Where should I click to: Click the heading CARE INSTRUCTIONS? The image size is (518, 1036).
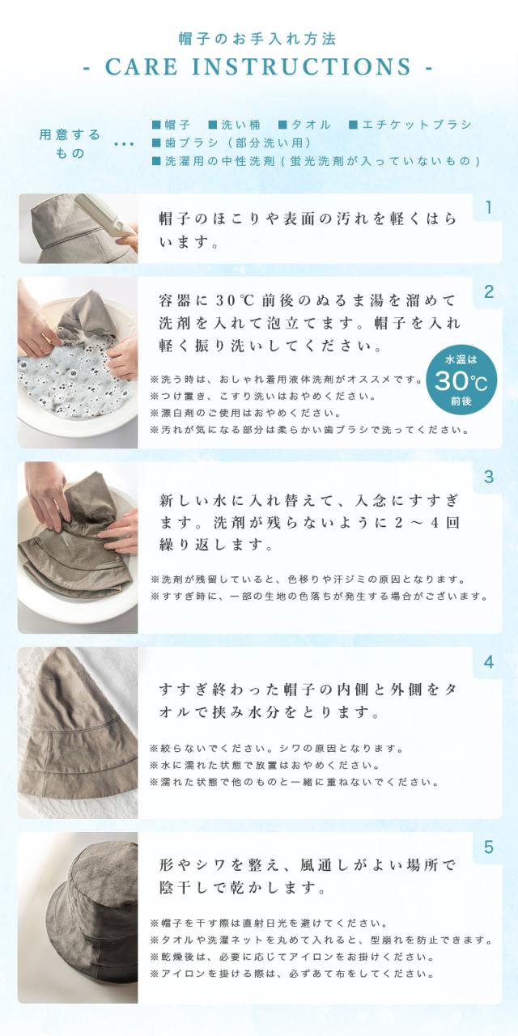pos(258,66)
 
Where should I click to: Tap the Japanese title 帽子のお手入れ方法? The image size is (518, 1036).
pos(258,38)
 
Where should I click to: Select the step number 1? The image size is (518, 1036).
pos(488,208)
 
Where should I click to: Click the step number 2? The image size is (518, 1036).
pos(488,292)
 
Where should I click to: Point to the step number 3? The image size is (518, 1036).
pos(488,477)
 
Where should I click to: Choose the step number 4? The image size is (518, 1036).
pos(488,662)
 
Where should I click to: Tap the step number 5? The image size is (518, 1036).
pos(488,847)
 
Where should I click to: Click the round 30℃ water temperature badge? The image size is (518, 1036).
pos(461,380)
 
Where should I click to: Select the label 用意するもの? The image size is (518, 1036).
pos(70,143)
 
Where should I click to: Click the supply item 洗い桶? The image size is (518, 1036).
pos(234,125)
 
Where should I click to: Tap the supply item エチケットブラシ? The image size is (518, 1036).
pos(410,125)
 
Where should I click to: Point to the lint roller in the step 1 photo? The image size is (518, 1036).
pos(109,213)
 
